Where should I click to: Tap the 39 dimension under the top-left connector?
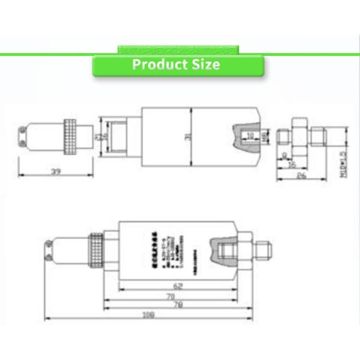point(55,172)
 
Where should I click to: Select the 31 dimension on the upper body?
point(187,137)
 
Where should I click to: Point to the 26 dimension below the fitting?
point(302,176)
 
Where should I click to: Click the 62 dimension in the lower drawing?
point(178,286)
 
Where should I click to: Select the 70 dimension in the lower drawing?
point(170,296)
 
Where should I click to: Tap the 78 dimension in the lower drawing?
point(178,306)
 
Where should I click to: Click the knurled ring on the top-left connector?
point(71,139)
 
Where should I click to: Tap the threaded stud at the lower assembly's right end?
point(264,250)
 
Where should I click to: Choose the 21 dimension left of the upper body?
point(100,137)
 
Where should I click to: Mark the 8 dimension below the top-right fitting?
point(284,155)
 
